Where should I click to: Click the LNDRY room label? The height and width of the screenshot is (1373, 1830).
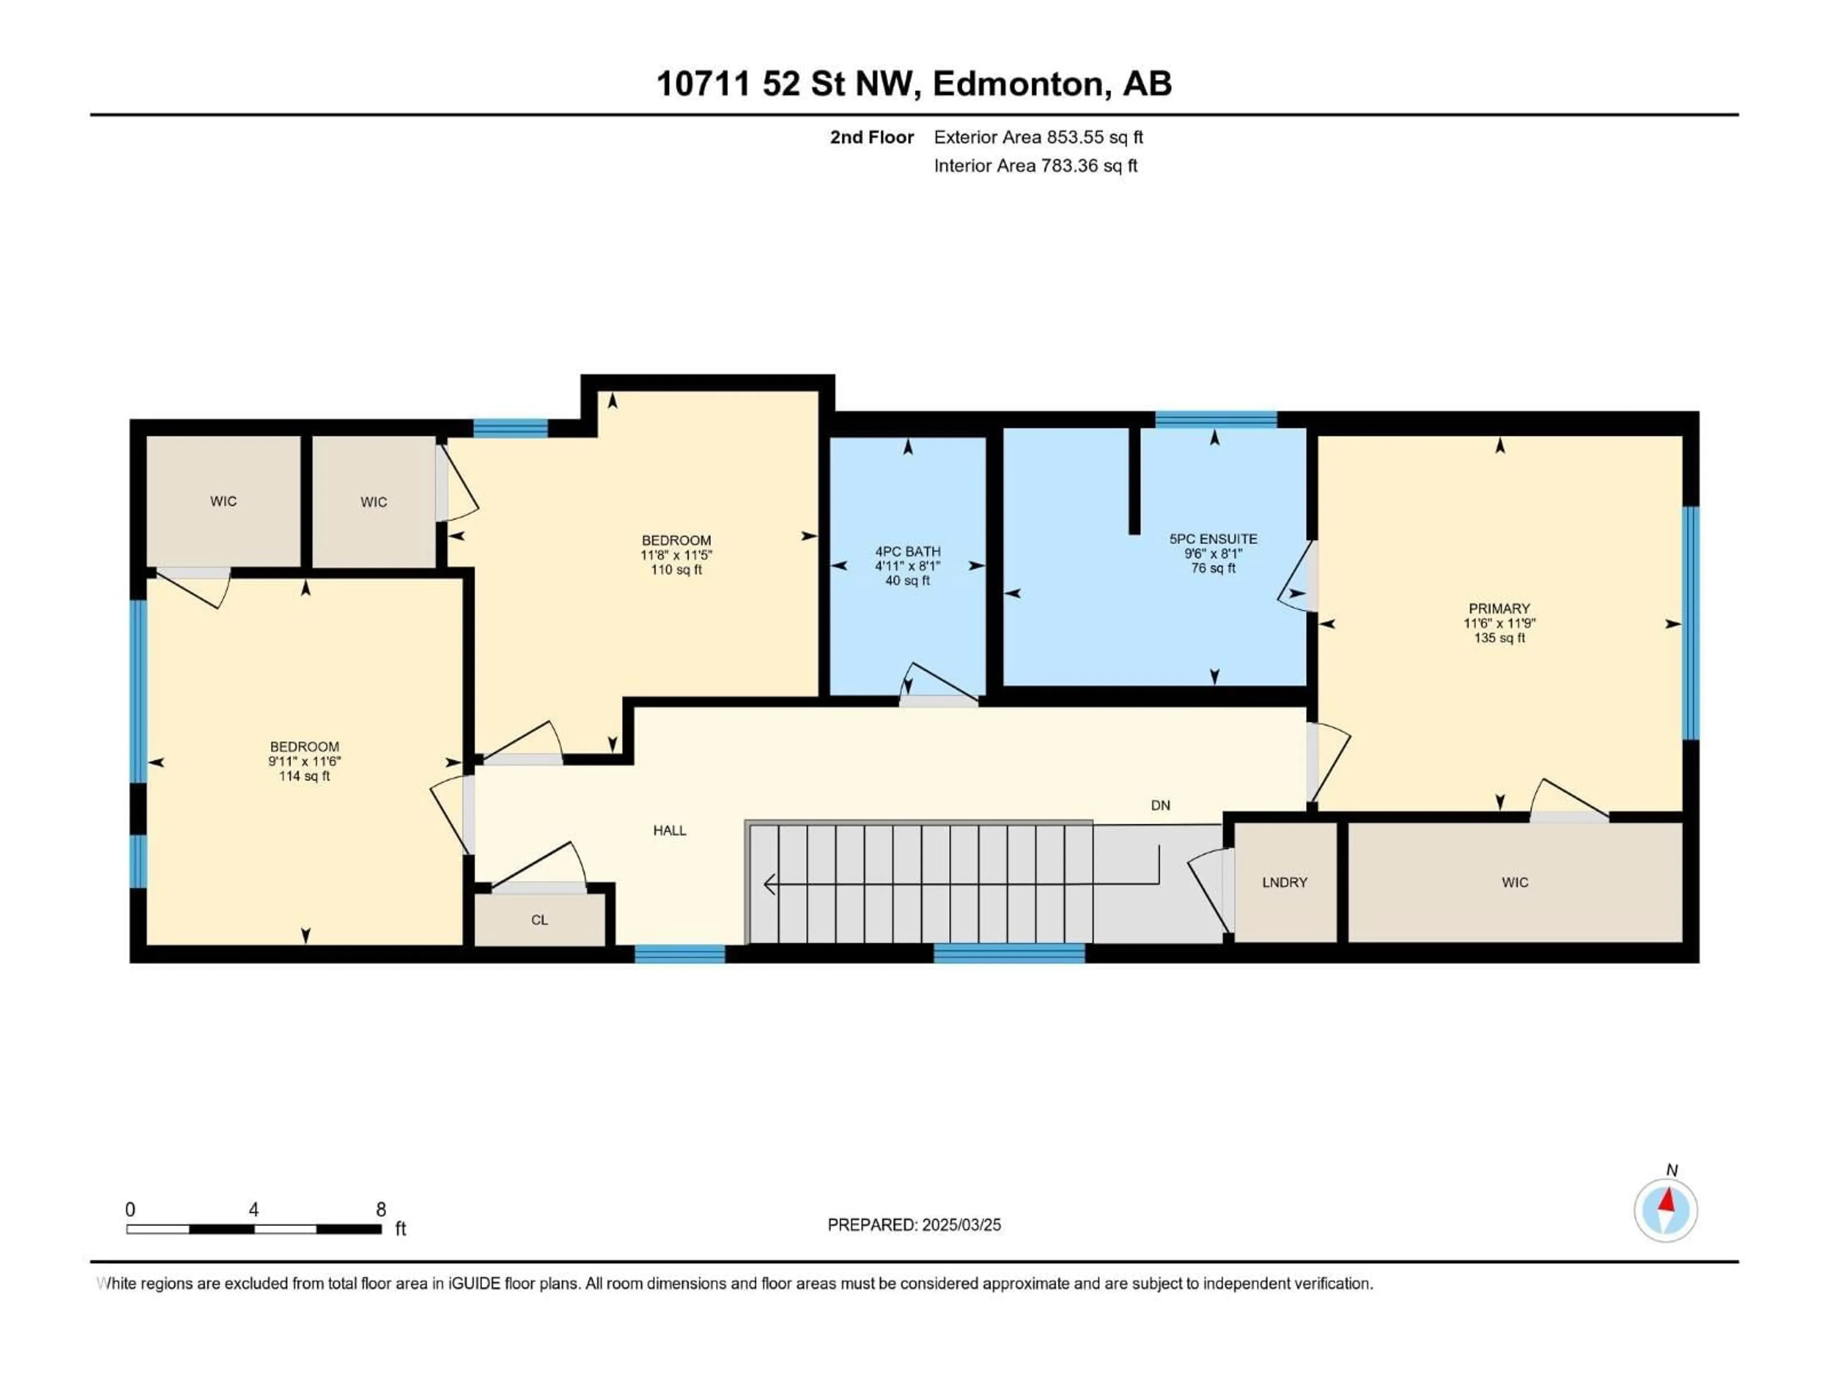(x=1284, y=882)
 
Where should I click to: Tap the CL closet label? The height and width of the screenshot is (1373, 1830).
(x=539, y=920)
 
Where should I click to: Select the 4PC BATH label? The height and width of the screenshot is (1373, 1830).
(x=907, y=551)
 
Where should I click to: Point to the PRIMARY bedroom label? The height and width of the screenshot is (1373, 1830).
(x=1499, y=608)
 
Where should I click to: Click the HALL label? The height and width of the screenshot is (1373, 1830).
(x=669, y=830)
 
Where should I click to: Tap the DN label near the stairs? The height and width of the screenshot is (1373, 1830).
(x=1160, y=805)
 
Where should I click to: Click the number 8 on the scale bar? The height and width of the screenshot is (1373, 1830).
(x=381, y=1209)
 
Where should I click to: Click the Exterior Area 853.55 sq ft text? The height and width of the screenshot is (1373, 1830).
(x=1038, y=137)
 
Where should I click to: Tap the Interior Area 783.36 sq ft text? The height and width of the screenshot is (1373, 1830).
(x=1035, y=165)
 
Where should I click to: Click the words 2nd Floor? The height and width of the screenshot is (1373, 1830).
(x=872, y=137)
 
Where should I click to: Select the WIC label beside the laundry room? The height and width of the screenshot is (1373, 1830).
(x=1515, y=882)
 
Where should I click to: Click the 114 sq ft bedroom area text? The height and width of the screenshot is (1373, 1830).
(x=305, y=776)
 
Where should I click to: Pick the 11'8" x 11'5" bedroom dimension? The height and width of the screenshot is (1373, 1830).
(x=676, y=555)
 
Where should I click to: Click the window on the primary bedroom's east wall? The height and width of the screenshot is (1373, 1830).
(x=1691, y=622)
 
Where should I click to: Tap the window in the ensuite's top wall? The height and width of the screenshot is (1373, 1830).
(x=1215, y=420)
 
